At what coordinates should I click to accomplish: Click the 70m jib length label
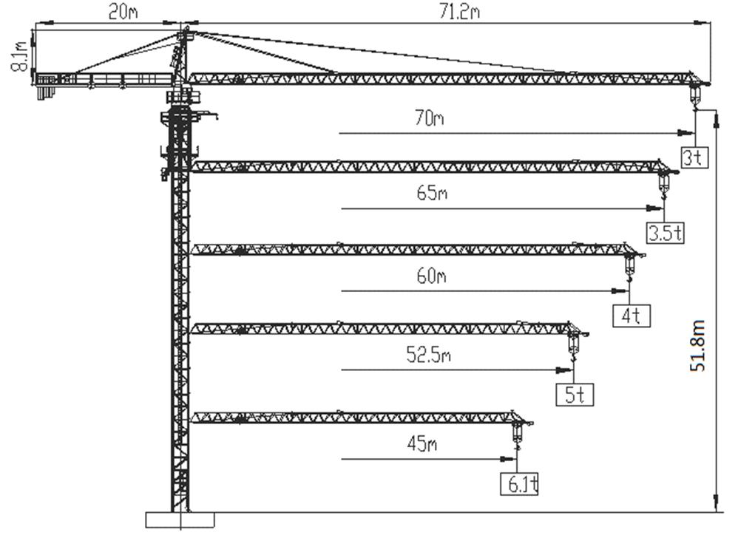pyautogui.click(x=428, y=118)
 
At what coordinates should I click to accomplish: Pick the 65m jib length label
pyautogui.click(x=432, y=194)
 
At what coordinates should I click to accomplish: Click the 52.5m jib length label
pyautogui.click(x=428, y=355)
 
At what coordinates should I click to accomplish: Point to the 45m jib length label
pyautogui.click(x=422, y=443)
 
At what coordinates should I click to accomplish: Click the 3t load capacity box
pyautogui.click(x=693, y=157)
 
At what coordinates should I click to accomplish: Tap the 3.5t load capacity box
pyautogui.click(x=666, y=233)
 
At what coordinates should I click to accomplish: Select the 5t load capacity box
pyautogui.click(x=575, y=394)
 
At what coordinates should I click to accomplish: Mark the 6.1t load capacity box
pyautogui.click(x=520, y=484)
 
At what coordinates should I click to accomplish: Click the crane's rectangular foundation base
pyautogui.click(x=180, y=519)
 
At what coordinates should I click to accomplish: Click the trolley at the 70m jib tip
pyautogui.click(x=695, y=92)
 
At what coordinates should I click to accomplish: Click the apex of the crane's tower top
pyautogui.click(x=184, y=30)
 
